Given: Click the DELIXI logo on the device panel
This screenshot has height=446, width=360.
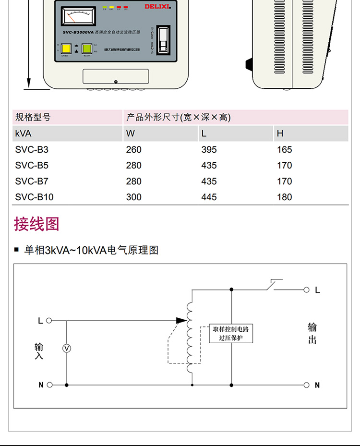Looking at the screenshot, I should point(157,6).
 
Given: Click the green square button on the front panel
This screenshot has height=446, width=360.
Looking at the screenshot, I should point(87,48).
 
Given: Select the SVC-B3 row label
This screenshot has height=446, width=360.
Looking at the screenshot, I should point(32,149).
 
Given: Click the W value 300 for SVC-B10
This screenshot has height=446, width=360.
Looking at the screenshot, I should point(134,197).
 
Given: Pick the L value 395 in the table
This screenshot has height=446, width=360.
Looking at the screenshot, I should point(209,149).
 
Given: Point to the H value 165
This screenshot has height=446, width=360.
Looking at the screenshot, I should point(284,149).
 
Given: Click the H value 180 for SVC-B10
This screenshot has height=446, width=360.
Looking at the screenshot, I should point(284,197).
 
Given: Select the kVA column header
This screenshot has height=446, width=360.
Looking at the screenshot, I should point(23,133).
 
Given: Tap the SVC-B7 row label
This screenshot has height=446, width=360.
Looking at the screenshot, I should point(32,181).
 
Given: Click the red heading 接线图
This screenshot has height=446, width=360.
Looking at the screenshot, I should point(36,224).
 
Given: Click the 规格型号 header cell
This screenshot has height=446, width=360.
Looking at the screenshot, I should point(33,117).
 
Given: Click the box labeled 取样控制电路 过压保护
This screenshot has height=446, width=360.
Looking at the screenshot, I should point(232,333).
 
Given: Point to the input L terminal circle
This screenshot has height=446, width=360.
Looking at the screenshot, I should point(49,320).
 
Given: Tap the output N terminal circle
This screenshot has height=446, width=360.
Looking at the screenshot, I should point(307,385).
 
